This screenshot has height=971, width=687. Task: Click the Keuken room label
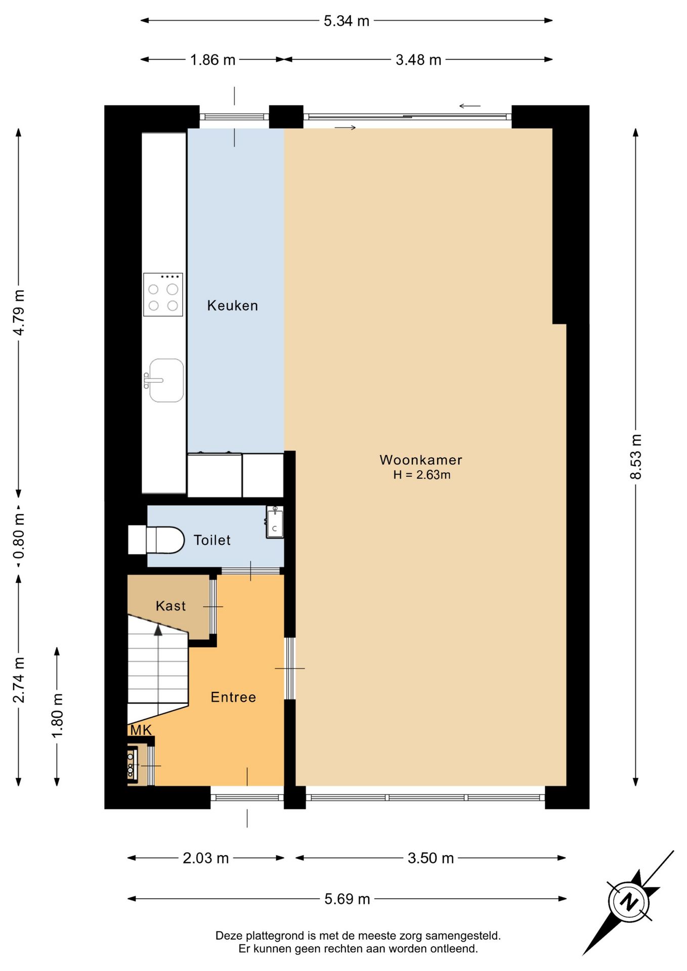[233, 305]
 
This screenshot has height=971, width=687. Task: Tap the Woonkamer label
[421, 460]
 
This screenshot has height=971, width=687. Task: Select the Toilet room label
[212, 540]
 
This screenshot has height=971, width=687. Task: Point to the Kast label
[170, 606]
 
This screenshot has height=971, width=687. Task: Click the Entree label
[233, 697]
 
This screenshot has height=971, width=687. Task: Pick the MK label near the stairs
[141, 730]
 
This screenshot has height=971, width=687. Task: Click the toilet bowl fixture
[156, 540]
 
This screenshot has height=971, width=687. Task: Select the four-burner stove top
[163, 294]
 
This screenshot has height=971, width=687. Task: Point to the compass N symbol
[629, 902]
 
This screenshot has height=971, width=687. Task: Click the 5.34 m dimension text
[347, 21]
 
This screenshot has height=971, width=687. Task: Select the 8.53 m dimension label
[636, 457]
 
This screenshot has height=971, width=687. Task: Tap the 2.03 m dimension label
[206, 858]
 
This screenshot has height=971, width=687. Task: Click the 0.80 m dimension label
[19, 537]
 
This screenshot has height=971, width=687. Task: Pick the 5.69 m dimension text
[347, 899]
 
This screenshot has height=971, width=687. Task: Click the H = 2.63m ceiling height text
[422, 475]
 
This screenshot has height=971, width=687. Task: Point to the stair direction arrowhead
[158, 630]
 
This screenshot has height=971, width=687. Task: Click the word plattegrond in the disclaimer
[276, 936]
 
